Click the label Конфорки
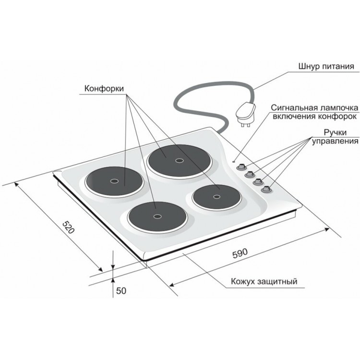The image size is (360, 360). (x=104, y=88)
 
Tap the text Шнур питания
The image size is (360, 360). (x=326, y=66)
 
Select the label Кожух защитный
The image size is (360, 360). (x=264, y=281)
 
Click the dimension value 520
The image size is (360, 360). (x=69, y=227)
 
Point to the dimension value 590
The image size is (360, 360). (x=240, y=253)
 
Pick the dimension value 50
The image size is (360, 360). (x=121, y=291)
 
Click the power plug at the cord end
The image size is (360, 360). (x=246, y=114)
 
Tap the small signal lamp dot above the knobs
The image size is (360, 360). (x=234, y=162)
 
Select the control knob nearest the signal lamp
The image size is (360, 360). (x=241, y=167)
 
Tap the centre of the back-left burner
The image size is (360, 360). (x=114, y=181)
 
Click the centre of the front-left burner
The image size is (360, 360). (x=157, y=216)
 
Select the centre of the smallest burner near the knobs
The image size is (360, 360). (x=217, y=196)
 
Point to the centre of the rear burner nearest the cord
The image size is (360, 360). (x=180, y=160)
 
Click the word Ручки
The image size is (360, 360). (x=335, y=132)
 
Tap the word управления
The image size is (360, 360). (x=335, y=141)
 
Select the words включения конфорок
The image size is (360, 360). (x=315, y=116)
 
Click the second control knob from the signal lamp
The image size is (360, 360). (x=250, y=174)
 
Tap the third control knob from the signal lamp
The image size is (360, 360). (x=258, y=181)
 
